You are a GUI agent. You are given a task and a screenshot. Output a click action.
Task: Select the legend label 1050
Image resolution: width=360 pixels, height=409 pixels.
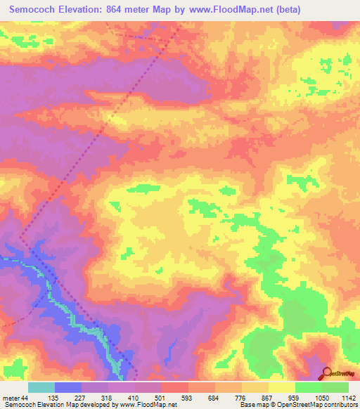pyautogui.click(x=323, y=398)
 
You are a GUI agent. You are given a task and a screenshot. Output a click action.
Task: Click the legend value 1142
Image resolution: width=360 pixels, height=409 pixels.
pyautogui.click(x=348, y=398)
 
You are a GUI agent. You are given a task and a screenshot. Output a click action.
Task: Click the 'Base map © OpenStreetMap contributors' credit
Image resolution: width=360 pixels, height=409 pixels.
pyautogui.click(x=298, y=405)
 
